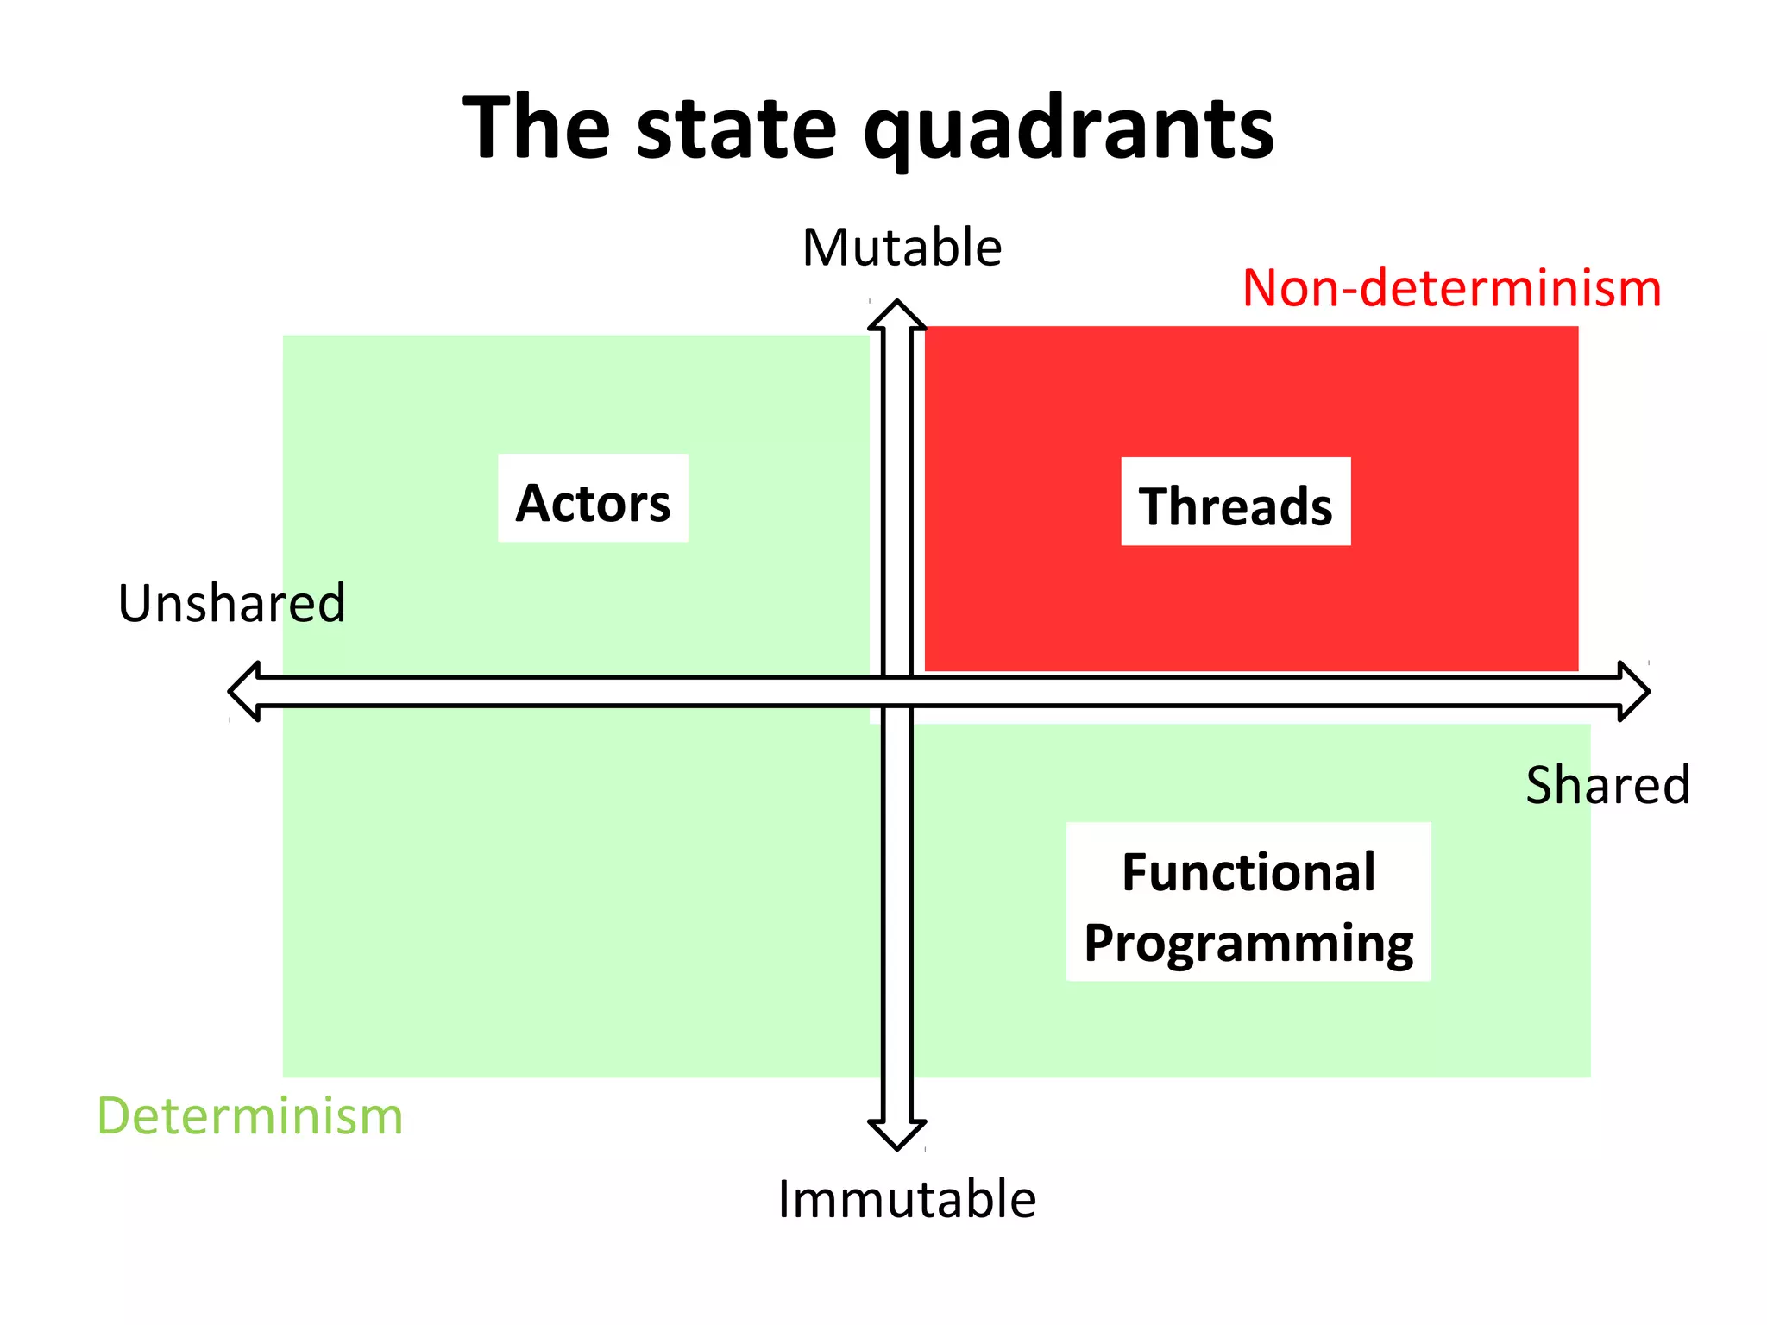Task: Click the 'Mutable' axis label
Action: pos(902,248)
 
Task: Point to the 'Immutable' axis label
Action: pos(907,1199)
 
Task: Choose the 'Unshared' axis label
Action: pos(231,603)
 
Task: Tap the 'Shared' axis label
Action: pos(1607,785)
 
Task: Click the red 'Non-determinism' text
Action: pos(1451,288)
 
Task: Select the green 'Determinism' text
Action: pos(250,1116)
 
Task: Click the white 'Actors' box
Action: pos(593,499)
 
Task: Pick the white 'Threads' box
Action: pos(1236,502)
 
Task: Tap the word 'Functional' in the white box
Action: pos(1248,872)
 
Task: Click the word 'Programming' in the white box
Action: pos(1248,943)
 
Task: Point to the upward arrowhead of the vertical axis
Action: pos(897,316)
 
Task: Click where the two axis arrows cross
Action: pos(897,691)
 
